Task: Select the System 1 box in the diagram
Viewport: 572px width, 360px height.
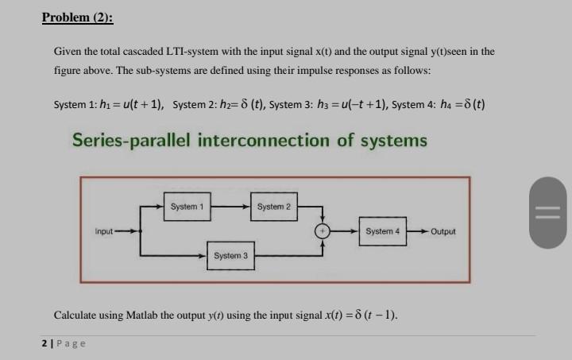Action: click(187, 207)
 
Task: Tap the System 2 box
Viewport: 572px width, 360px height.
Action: click(274, 207)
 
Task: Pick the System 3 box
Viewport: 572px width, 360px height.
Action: click(230, 255)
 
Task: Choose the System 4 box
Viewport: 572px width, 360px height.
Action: click(382, 231)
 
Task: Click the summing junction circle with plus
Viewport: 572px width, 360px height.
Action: click(322, 231)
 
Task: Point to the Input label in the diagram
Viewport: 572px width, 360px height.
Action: click(105, 231)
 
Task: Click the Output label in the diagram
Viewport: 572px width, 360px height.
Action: click(443, 232)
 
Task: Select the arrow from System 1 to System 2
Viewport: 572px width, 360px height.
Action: click(230, 207)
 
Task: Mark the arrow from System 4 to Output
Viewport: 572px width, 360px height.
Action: click(416, 231)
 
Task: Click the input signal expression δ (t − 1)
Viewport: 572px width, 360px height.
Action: click(372, 315)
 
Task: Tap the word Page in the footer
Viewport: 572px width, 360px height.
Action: click(71, 343)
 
